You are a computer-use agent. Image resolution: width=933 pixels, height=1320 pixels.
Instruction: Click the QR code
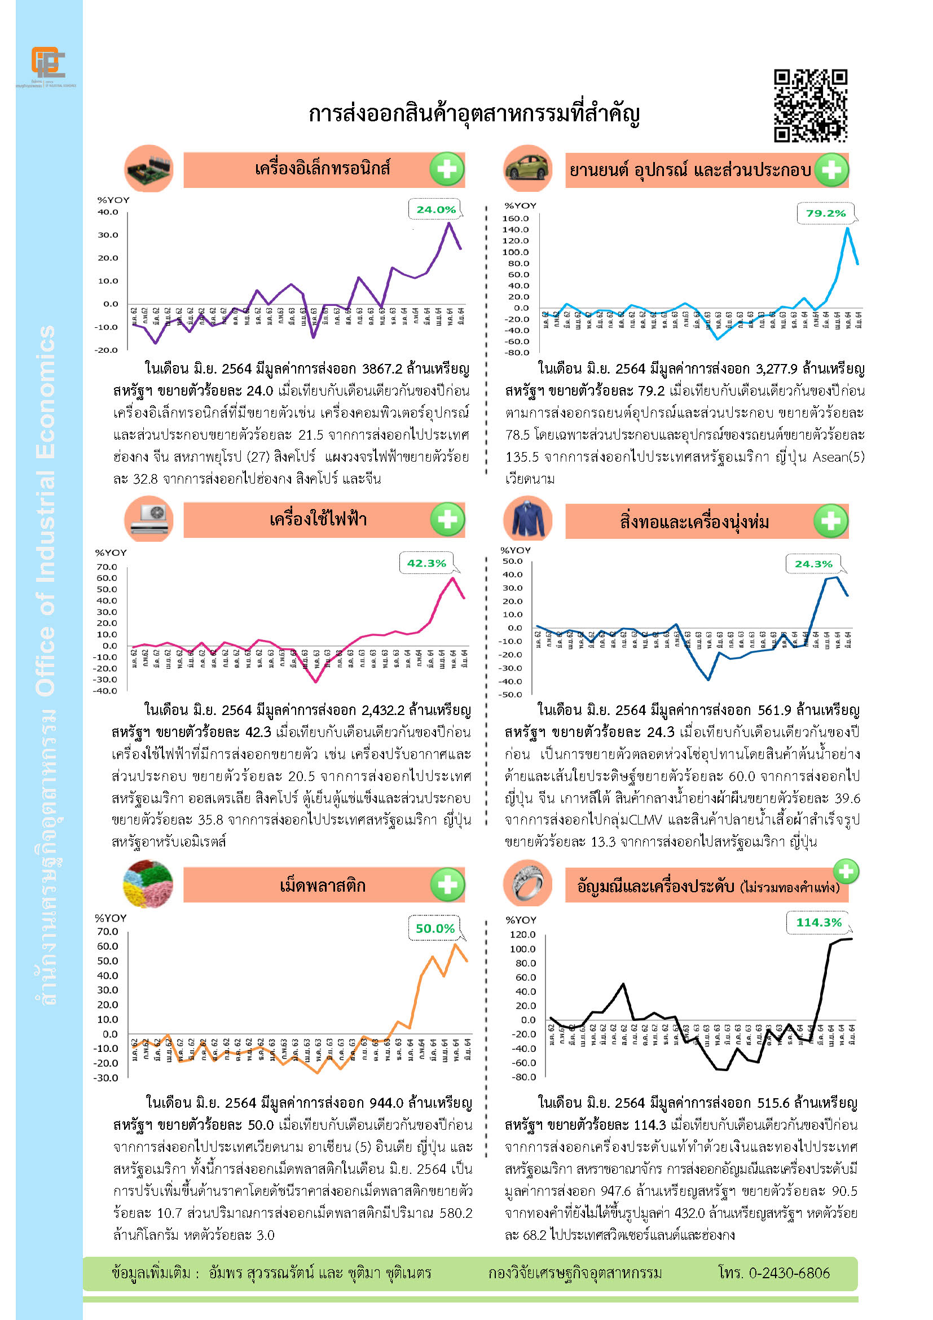pos(810,106)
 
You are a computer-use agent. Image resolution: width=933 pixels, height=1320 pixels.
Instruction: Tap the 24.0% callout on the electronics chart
pos(435,210)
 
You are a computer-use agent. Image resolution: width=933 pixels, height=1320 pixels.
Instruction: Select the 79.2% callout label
pos(826,213)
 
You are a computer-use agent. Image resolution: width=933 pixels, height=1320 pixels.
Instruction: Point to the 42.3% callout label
pos(426,563)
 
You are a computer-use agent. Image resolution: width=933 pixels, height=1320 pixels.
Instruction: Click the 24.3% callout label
pos(813,564)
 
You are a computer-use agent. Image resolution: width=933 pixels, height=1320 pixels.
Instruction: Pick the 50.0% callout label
pos(435,928)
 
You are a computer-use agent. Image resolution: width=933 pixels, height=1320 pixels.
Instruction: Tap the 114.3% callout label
pos(818,922)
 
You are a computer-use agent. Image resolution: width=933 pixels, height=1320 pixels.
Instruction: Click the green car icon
pos(527,168)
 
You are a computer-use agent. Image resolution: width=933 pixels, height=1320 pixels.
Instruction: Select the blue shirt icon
pos(527,520)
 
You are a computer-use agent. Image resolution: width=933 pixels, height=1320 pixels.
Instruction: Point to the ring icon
pos(527,884)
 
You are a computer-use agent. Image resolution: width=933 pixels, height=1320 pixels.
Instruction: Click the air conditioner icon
pos(149,519)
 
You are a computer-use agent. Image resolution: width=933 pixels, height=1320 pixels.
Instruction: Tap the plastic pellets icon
pos(148,884)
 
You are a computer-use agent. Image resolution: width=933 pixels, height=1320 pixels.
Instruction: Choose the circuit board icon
pos(149,168)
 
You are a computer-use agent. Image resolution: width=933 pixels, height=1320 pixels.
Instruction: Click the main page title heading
pos(474,114)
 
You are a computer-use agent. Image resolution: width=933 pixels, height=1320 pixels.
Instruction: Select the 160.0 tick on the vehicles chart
pos(516,218)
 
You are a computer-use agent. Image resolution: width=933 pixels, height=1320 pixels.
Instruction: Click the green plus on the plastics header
pos(447,885)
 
